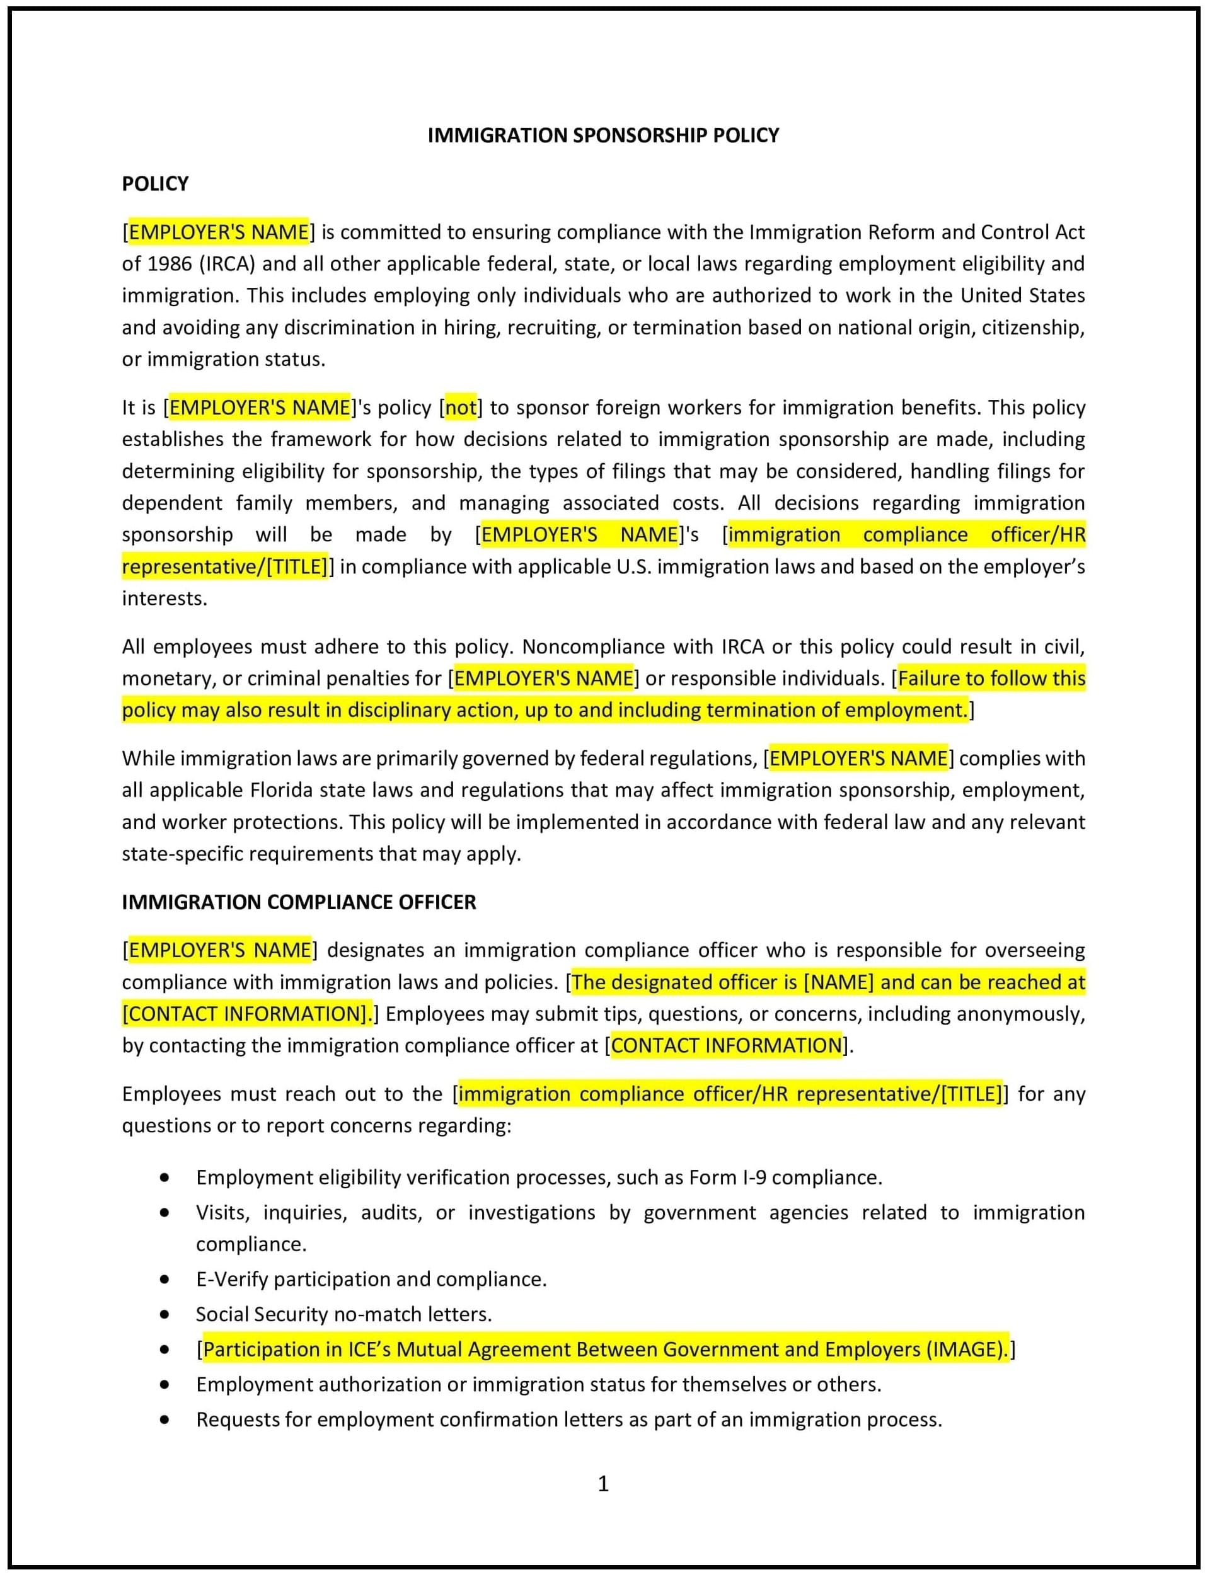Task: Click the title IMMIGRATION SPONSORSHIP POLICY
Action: [602, 135]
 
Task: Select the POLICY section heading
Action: [155, 185]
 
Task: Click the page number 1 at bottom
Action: [602, 1484]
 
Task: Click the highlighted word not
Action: [461, 408]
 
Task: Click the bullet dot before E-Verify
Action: [166, 1280]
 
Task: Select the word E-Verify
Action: [232, 1280]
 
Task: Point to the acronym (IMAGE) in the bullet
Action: [966, 1350]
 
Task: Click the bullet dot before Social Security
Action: [166, 1314]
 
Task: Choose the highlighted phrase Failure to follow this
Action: [991, 679]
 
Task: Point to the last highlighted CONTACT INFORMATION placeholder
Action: [726, 1046]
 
